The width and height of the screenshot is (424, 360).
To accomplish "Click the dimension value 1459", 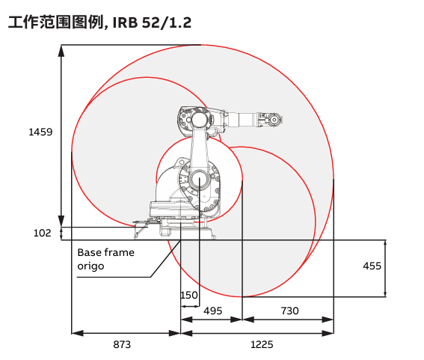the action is (x=40, y=132).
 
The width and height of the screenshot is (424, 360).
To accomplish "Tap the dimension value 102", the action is (x=42, y=233).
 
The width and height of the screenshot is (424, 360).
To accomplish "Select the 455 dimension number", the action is (x=372, y=266).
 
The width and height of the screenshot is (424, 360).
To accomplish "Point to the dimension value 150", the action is (x=189, y=295).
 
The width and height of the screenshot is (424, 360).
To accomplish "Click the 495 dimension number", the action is (x=213, y=311).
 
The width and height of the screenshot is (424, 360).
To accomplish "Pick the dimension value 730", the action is (x=289, y=311).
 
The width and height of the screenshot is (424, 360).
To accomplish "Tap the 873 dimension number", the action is (x=122, y=344).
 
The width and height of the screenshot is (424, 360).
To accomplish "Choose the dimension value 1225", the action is (x=262, y=344).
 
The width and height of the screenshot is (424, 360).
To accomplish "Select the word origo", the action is (x=90, y=266).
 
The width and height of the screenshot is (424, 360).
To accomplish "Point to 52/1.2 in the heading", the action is (x=167, y=22).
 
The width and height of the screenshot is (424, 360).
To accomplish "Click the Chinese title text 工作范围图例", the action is (x=55, y=22).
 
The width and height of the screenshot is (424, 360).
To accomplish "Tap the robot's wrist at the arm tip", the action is (x=274, y=119).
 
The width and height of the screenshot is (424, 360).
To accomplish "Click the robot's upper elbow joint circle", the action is (x=199, y=119).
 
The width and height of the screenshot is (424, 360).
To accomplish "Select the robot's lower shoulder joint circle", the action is (x=200, y=180).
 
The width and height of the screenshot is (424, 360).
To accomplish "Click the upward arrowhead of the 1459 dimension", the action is (x=61, y=51).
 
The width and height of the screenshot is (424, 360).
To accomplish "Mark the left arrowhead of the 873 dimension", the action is (x=78, y=333).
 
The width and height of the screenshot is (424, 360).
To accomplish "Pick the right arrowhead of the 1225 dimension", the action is (x=328, y=333).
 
